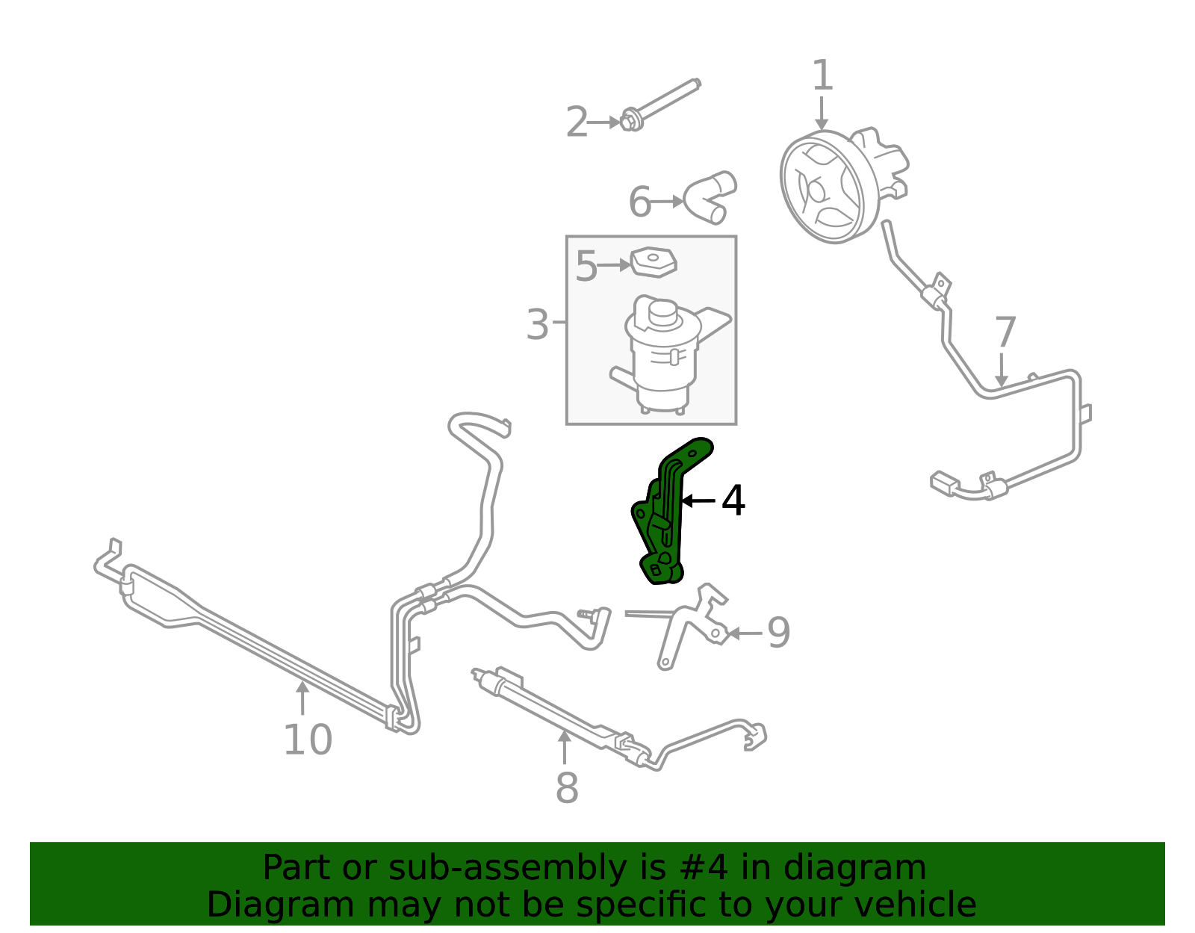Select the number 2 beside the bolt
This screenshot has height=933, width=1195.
click(x=577, y=122)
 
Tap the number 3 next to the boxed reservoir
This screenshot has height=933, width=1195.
click(x=537, y=324)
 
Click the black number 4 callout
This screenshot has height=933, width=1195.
click(x=733, y=500)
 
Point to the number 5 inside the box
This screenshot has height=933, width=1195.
click(x=586, y=266)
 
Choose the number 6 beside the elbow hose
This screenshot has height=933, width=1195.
click(x=639, y=202)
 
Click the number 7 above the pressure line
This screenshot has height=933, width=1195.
click(x=1005, y=332)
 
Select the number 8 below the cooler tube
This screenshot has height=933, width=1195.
click(x=567, y=788)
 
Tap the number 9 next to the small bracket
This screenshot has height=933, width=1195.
click(x=779, y=633)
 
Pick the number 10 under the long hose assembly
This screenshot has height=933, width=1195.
click(x=308, y=740)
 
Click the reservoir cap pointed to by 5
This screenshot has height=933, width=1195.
click(x=654, y=262)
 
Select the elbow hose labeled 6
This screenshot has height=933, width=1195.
click(x=710, y=196)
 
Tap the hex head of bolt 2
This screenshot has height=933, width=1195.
click(x=631, y=121)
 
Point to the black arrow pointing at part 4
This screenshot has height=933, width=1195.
click(x=698, y=500)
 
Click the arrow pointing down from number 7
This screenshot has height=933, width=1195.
click(x=1002, y=370)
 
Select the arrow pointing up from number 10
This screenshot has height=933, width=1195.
click(x=302, y=698)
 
